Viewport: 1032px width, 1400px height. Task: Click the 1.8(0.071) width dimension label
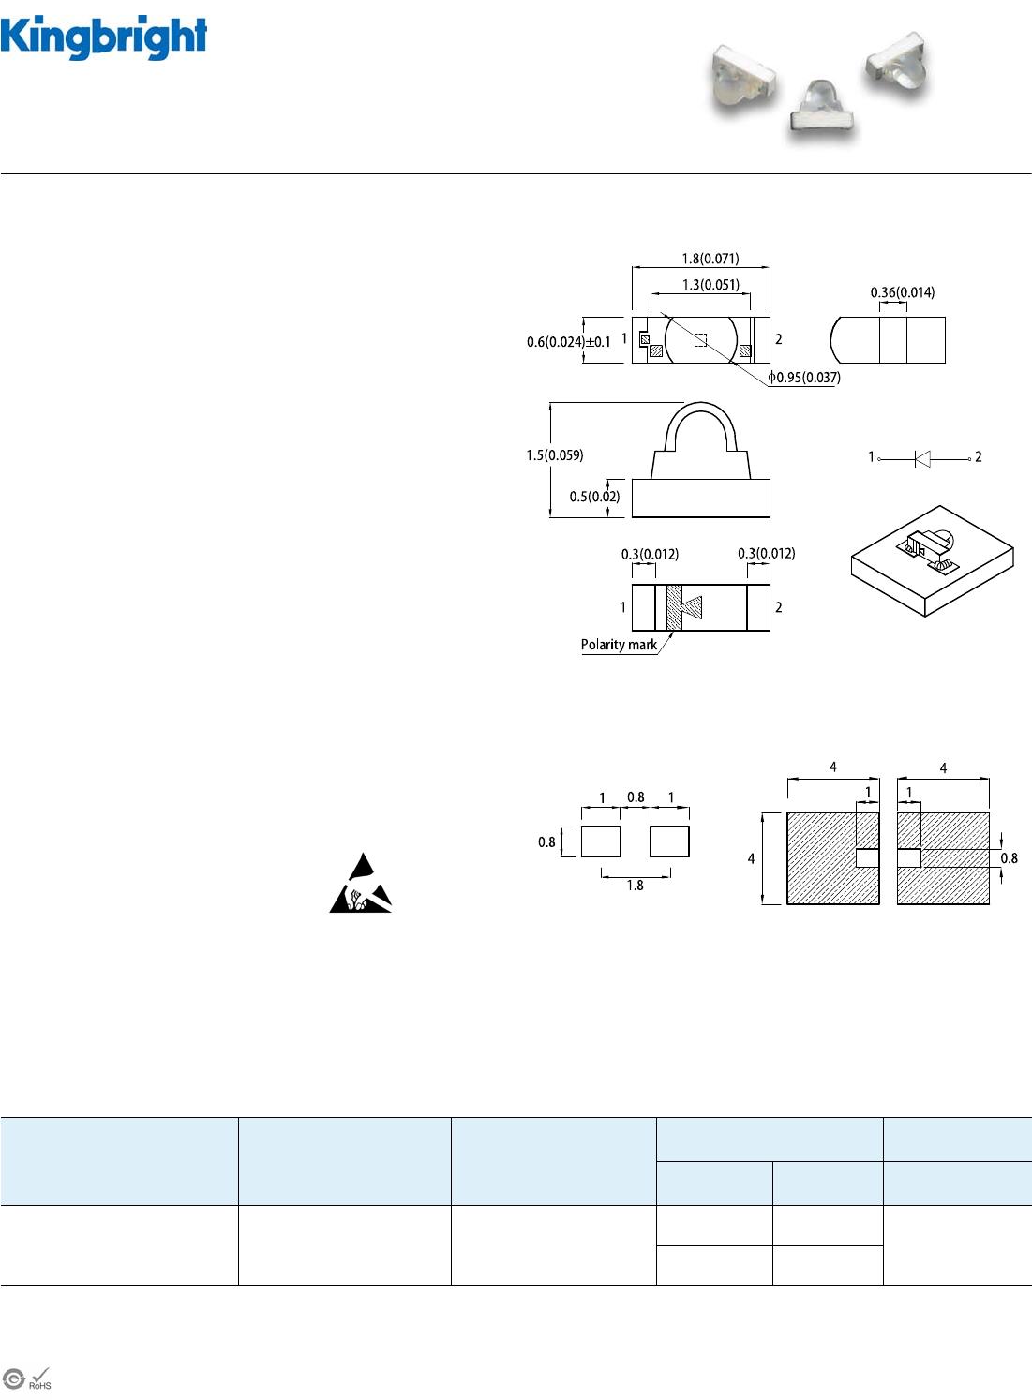(710, 259)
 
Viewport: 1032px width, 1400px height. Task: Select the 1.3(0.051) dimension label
(710, 284)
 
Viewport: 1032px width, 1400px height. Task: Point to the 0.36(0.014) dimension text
(902, 292)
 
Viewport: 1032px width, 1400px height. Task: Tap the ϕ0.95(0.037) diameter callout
(804, 378)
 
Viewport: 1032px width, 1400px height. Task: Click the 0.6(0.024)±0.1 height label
(568, 342)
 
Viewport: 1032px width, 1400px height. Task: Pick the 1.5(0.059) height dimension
(554, 455)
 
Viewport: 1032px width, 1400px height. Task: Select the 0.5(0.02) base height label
(594, 497)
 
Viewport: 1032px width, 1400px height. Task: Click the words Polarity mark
(619, 645)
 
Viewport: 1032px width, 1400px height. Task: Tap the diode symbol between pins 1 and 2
(922, 458)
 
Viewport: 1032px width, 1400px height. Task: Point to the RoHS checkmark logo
(39, 1378)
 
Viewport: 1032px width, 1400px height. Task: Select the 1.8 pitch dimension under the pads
(635, 886)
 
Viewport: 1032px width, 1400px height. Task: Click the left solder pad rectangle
(600, 841)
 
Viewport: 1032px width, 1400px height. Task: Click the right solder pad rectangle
(669, 841)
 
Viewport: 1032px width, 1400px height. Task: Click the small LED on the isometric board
(928, 548)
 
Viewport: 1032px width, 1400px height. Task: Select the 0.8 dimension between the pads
(636, 797)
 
